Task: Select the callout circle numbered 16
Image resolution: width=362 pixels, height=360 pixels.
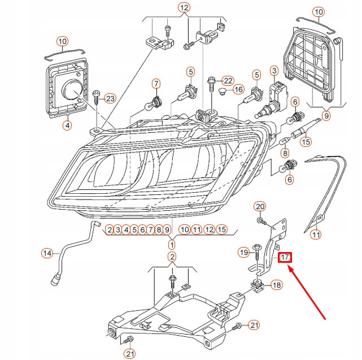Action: [238, 89]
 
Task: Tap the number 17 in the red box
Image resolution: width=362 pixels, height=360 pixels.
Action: [285, 258]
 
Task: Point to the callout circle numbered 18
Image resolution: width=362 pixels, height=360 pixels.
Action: [276, 285]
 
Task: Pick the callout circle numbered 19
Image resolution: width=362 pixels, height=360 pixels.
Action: [243, 252]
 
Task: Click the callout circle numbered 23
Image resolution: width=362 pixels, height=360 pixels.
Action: [110, 98]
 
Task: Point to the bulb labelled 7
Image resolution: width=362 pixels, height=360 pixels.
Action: [153, 104]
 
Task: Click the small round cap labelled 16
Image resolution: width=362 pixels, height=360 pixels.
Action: [223, 90]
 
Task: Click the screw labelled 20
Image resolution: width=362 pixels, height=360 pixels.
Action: [261, 219]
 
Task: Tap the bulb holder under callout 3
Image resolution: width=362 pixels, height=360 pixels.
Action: [276, 92]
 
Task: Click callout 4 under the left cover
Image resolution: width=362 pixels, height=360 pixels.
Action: [67, 126]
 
